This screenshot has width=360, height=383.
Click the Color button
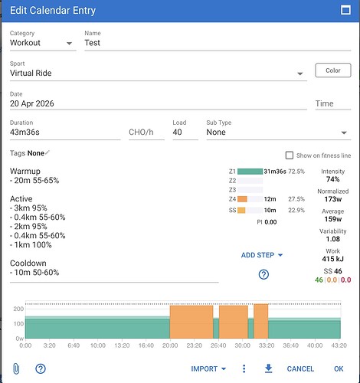click(333, 70)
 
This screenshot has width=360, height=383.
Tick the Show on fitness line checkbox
click(290, 155)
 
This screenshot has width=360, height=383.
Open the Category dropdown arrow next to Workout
click(69, 44)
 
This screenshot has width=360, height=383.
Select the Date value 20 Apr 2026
click(32, 103)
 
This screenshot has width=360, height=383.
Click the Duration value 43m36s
click(25, 132)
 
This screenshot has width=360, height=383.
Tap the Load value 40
click(177, 132)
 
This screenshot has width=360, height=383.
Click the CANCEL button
click(300, 368)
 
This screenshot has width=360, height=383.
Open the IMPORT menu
click(208, 368)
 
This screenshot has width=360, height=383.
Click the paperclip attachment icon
click(16, 368)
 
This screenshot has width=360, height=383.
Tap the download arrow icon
click(268, 368)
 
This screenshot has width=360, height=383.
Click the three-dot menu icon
click(244, 368)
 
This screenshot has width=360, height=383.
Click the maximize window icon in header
click(345, 10)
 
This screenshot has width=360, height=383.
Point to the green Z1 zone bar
click(250, 172)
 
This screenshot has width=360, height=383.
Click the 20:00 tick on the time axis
click(170, 345)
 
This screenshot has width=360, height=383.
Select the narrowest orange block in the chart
click(261, 321)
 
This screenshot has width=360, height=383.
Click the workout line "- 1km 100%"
click(31, 245)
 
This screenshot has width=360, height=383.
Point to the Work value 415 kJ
click(332, 259)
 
